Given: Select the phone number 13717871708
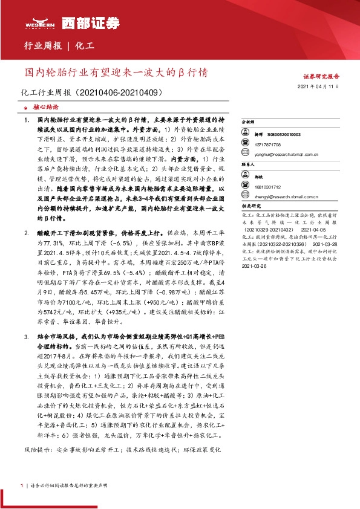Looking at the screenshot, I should (273, 145).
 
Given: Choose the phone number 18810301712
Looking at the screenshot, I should (273, 187).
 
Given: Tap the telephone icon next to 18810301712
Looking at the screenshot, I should (249, 187).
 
